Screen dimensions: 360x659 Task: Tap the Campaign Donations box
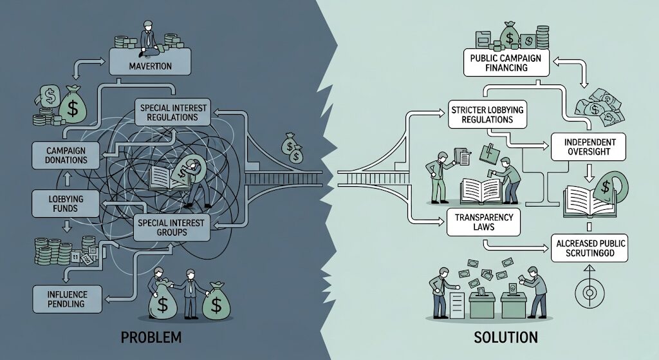[62, 155]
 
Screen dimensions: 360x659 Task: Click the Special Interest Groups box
[169, 227]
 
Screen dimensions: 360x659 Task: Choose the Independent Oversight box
[588, 146]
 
